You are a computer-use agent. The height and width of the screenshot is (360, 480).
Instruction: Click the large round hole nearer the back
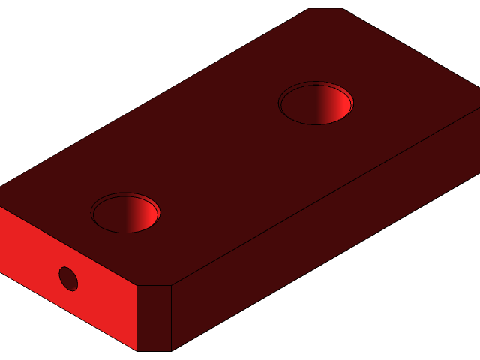click(316, 103)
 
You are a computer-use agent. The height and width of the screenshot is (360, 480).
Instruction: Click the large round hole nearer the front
click(125, 213)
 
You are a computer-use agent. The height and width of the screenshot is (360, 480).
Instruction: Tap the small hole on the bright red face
click(68, 278)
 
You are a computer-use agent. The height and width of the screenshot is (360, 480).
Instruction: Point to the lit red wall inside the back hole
click(339, 105)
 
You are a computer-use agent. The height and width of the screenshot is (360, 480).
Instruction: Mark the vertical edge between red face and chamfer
click(136, 318)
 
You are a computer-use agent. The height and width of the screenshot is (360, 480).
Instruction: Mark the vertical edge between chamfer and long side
click(172, 318)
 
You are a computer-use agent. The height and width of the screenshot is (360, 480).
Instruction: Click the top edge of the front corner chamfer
click(154, 285)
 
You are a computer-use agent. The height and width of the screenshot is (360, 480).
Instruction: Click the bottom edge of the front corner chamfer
click(154, 350)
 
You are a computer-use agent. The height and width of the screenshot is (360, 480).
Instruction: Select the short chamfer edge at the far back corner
click(326, 9)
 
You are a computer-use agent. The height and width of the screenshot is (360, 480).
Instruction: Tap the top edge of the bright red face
click(67, 246)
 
